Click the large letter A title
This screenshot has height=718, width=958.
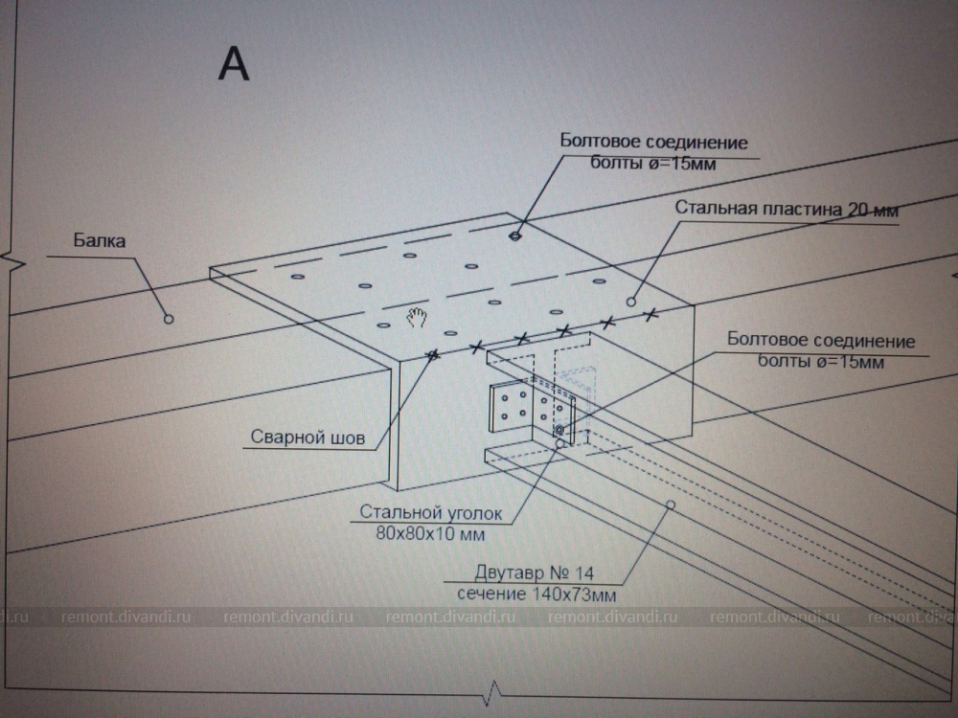pos(235,63)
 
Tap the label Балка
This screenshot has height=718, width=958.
pos(100,241)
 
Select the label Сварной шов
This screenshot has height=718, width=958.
pos(308,438)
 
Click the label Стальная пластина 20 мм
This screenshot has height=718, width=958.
pos(786,209)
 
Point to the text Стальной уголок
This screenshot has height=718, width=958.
pos(431,513)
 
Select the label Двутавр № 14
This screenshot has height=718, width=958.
pos(535,573)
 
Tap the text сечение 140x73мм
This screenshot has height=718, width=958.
pos(535,594)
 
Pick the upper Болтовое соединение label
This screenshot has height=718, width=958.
pos(653,143)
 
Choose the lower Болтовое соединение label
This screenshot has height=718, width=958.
pos(821,341)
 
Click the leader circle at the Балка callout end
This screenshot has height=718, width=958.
pos(168,318)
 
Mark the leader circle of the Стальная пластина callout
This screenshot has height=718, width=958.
pos(631,302)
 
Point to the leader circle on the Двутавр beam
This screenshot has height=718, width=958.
pos(670,504)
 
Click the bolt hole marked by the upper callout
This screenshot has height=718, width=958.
pos(516,235)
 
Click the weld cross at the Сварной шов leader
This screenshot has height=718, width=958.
pos(433,355)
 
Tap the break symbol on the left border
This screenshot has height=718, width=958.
pos(9,259)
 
